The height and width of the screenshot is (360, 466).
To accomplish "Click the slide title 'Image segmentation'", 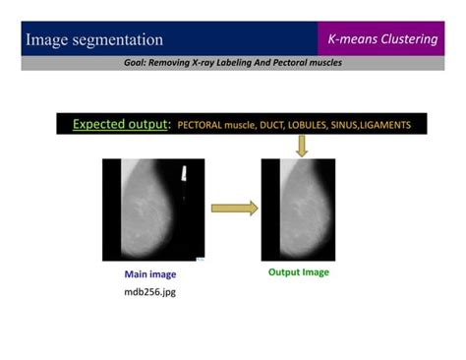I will (x=94, y=40).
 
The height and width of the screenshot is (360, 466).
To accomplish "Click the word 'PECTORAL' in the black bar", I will (x=203, y=126).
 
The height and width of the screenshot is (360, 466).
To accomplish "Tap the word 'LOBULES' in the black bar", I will (x=310, y=126).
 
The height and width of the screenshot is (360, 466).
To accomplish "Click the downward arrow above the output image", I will (x=302, y=146).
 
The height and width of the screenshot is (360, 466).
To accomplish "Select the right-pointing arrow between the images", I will (x=235, y=208).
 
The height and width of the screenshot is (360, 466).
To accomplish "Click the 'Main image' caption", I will (x=150, y=274).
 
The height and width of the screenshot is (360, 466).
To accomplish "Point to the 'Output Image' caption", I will (x=299, y=272).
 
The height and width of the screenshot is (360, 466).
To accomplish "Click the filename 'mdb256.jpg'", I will (x=149, y=291).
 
